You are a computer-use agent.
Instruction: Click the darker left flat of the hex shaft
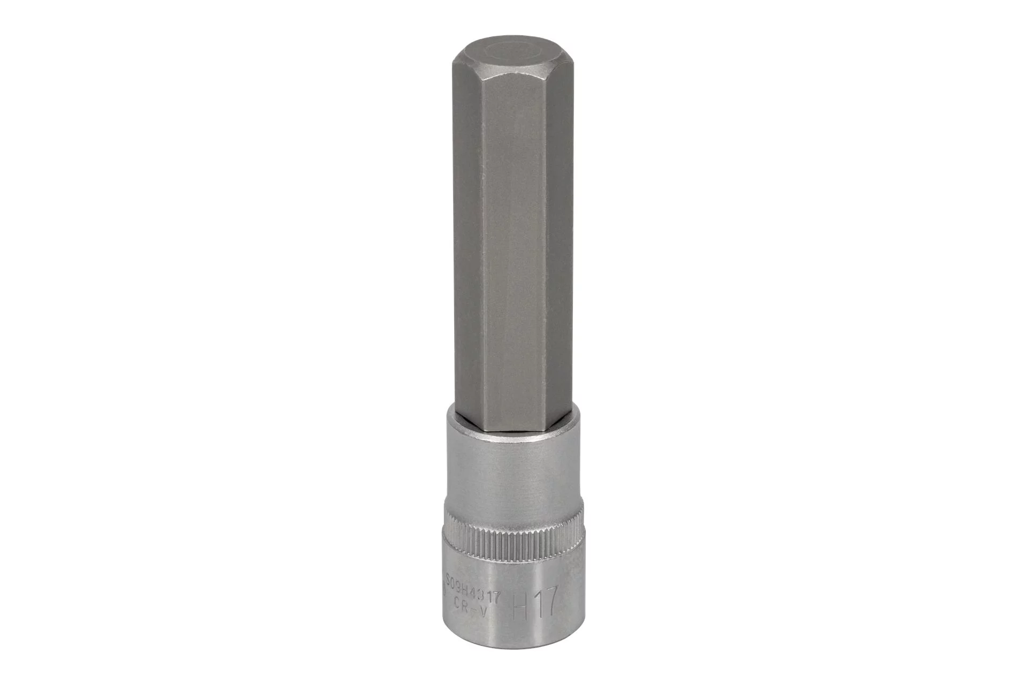point(468,241)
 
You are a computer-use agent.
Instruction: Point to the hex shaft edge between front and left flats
point(482,241)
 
